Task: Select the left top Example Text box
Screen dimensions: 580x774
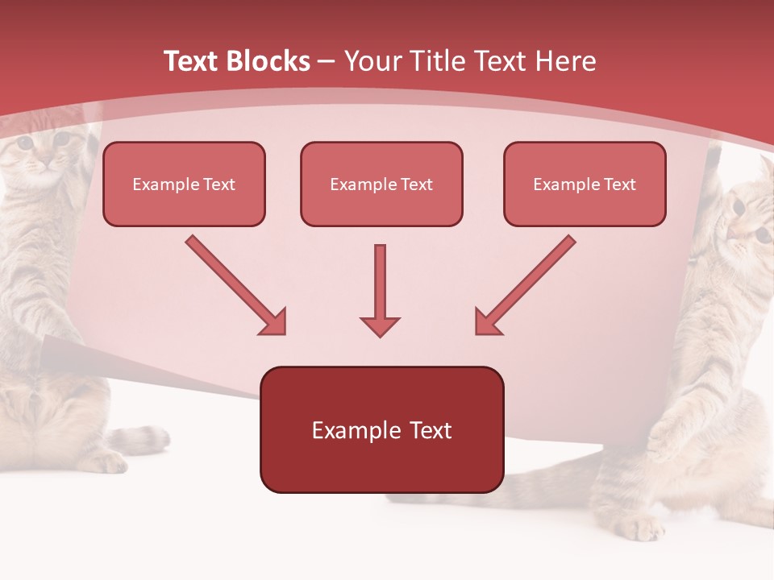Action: tap(184, 184)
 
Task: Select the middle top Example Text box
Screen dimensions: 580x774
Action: tap(381, 184)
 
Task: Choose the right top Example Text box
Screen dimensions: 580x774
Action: tap(585, 184)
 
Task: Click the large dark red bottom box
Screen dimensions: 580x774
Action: tap(381, 429)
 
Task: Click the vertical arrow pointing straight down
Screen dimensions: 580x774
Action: tap(380, 290)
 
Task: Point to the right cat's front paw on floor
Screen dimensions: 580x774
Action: tap(641, 528)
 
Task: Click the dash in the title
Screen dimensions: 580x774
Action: tap(327, 61)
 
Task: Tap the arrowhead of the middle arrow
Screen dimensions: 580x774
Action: tap(380, 325)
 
